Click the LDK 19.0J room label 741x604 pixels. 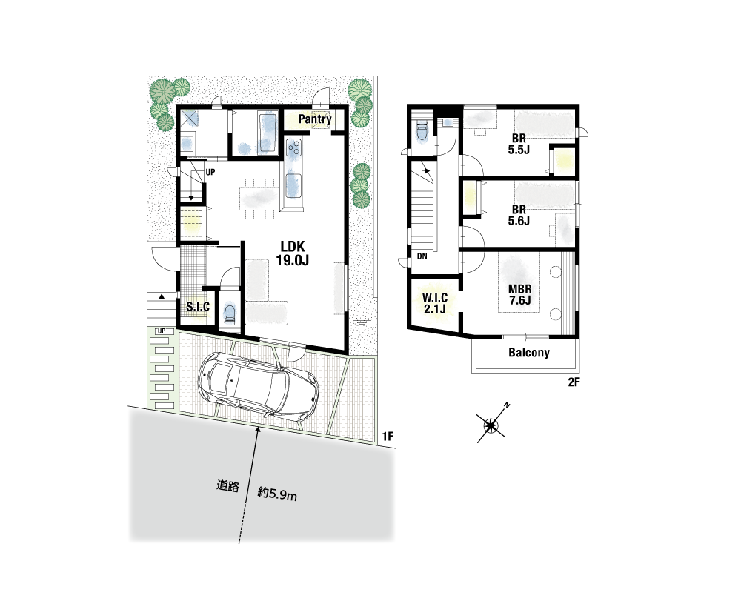pyautogui.click(x=293, y=253)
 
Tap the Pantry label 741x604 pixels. pyautogui.click(x=315, y=119)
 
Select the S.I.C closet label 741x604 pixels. pyautogui.click(x=198, y=307)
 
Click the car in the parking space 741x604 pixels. pyautogui.click(x=259, y=387)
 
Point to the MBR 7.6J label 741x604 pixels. pyautogui.click(x=520, y=294)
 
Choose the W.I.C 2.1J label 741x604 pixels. pyautogui.click(x=435, y=303)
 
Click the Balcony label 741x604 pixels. pyautogui.click(x=529, y=353)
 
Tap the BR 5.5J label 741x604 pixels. pyautogui.click(x=519, y=145)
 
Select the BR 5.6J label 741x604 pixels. pyautogui.click(x=519, y=215)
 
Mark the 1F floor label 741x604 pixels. pyautogui.click(x=388, y=437)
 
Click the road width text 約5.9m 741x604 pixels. pyautogui.click(x=277, y=495)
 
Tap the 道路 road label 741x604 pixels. pyautogui.click(x=227, y=486)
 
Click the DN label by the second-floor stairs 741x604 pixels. pyautogui.click(x=422, y=256)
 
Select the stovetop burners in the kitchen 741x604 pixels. pyautogui.click(x=293, y=147)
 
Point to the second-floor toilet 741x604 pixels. pyautogui.click(x=422, y=130)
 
